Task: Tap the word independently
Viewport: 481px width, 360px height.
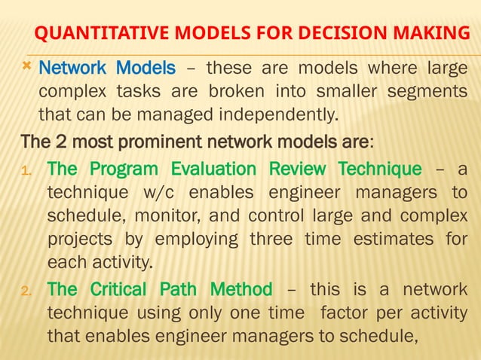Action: pyautogui.click(x=279, y=116)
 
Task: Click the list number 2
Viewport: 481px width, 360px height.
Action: pyautogui.click(x=26, y=289)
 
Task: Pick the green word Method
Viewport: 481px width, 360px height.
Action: pyautogui.click(x=240, y=288)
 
